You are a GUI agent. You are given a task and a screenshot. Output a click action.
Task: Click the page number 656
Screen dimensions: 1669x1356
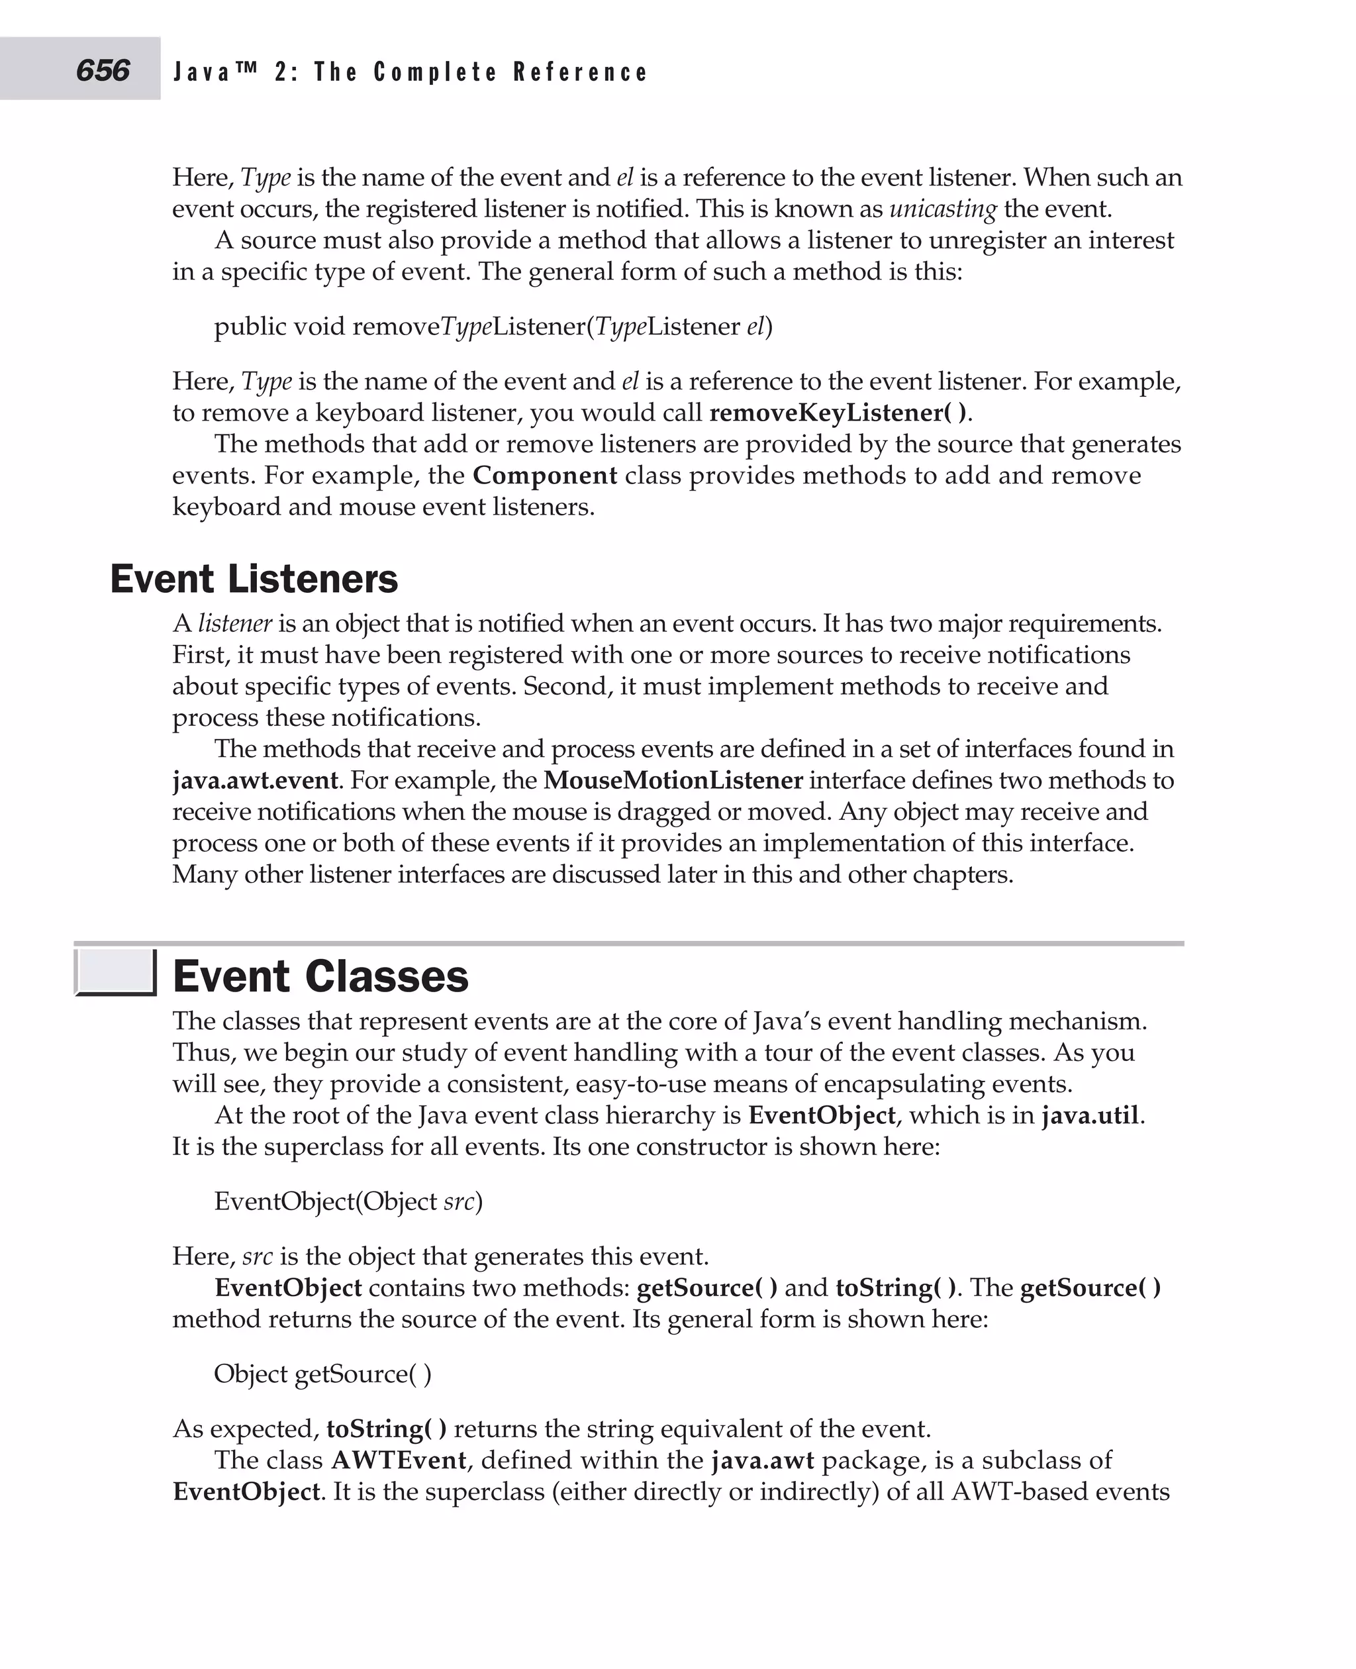[103, 70]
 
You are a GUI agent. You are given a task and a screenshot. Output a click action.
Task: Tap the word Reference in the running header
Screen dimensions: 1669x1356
[581, 73]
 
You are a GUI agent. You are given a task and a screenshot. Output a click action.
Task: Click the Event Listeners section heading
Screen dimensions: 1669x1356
[254, 579]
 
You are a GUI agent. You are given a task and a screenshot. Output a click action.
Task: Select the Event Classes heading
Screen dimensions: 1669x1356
[320, 977]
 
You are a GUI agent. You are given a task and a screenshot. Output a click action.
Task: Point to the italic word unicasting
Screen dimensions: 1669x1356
[943, 209]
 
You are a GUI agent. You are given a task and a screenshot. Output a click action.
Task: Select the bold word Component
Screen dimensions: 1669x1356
[544, 475]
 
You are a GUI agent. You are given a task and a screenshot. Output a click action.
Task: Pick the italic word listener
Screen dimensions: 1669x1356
[234, 623]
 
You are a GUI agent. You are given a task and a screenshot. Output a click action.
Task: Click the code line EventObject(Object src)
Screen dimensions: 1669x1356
[348, 1201]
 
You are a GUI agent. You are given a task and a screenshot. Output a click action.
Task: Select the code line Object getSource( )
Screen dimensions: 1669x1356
[322, 1374]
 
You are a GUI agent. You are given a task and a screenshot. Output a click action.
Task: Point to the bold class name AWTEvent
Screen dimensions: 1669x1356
[399, 1460]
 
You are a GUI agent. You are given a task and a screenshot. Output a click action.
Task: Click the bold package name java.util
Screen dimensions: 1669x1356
[1090, 1115]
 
